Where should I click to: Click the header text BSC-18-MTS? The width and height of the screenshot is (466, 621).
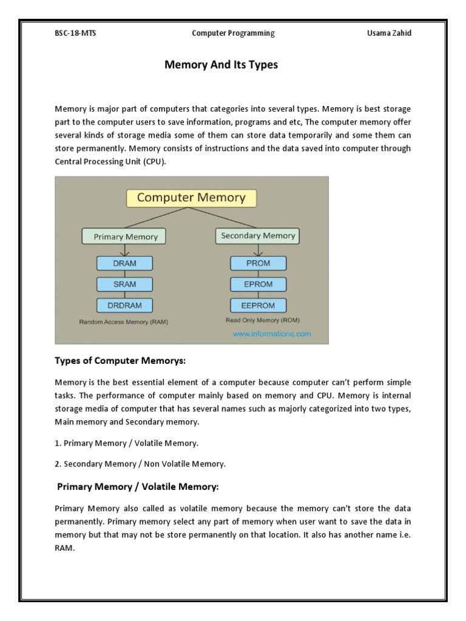pyautogui.click(x=75, y=33)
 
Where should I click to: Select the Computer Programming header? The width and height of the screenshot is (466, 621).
pyautogui.click(x=233, y=33)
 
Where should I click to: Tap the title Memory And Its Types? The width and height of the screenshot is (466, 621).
pyautogui.click(x=221, y=65)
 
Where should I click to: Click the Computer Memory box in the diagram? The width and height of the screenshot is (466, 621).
pyautogui.click(x=191, y=198)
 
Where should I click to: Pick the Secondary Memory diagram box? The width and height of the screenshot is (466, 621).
pyautogui.click(x=258, y=236)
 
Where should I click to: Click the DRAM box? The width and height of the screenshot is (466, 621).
pyautogui.click(x=124, y=263)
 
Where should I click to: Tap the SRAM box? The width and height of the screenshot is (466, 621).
pyautogui.click(x=124, y=284)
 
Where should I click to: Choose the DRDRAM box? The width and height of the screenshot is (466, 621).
pyautogui.click(x=124, y=304)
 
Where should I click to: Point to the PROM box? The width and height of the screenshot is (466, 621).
pyautogui.click(x=258, y=263)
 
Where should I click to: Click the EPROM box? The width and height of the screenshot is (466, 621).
pyautogui.click(x=258, y=284)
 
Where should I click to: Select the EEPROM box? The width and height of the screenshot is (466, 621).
pyautogui.click(x=258, y=304)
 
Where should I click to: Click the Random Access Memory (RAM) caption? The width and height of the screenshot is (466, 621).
pyautogui.click(x=124, y=322)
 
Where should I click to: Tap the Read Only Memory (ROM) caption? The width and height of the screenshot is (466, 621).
pyautogui.click(x=262, y=320)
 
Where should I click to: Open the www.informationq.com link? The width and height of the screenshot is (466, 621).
pyautogui.click(x=271, y=334)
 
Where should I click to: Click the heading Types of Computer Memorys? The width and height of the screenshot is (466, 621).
pyautogui.click(x=120, y=361)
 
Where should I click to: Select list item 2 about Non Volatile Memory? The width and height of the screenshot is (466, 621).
pyautogui.click(x=140, y=464)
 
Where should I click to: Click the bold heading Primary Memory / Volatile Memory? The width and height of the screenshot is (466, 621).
pyautogui.click(x=137, y=486)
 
